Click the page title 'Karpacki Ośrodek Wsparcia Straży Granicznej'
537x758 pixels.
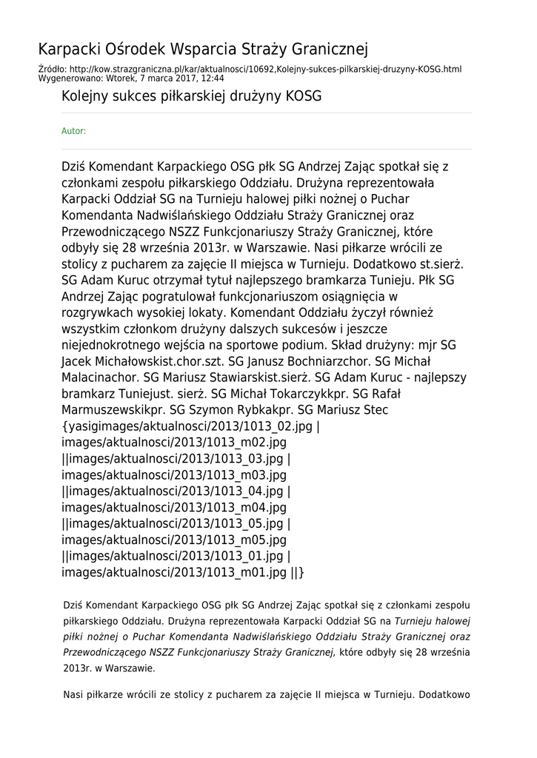pyautogui.click(x=203, y=50)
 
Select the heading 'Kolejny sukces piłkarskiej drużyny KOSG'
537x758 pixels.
pyautogui.click(x=191, y=97)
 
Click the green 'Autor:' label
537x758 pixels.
pyautogui.click(x=73, y=131)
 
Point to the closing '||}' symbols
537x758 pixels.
pyautogui.click(x=297, y=572)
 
